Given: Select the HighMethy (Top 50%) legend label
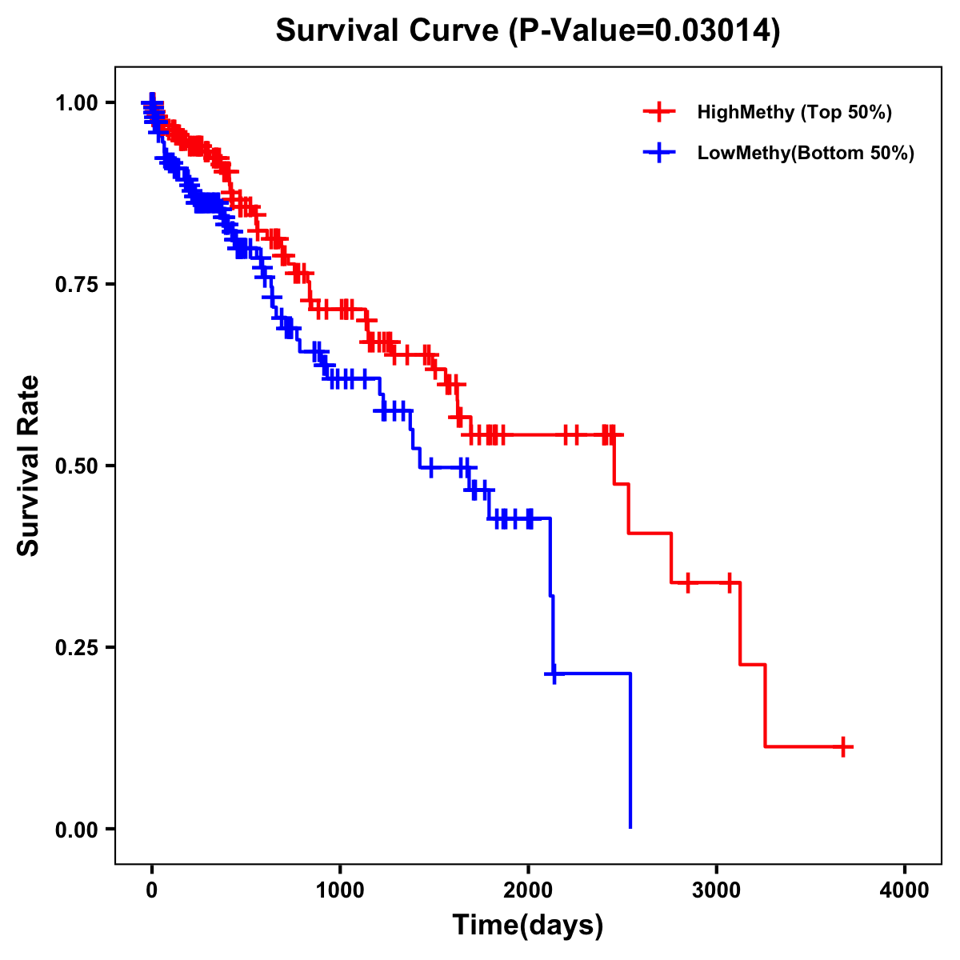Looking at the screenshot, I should coord(794,112).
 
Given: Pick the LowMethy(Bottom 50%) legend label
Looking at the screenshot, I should coord(805,153).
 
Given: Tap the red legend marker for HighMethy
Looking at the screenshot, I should coord(659,112).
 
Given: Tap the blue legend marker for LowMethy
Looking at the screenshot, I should coord(659,153).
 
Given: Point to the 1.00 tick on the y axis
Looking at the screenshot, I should coord(76,102).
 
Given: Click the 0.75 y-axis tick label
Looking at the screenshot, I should coord(76,284).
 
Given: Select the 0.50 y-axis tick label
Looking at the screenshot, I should coord(76,466).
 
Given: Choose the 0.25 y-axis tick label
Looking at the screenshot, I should coord(76,647).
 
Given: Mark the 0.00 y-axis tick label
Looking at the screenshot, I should coord(76,829).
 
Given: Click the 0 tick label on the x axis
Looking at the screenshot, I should coord(151,890).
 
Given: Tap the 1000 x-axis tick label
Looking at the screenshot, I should coord(340,890).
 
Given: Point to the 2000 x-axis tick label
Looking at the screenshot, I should coord(528,890).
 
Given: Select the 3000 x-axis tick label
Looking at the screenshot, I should coord(716,890).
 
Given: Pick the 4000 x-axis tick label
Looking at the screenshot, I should coord(905,890).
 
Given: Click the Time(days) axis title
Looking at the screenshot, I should coord(528,926).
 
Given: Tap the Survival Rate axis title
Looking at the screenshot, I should coord(29,466).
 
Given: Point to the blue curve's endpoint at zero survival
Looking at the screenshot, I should coord(630,827).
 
